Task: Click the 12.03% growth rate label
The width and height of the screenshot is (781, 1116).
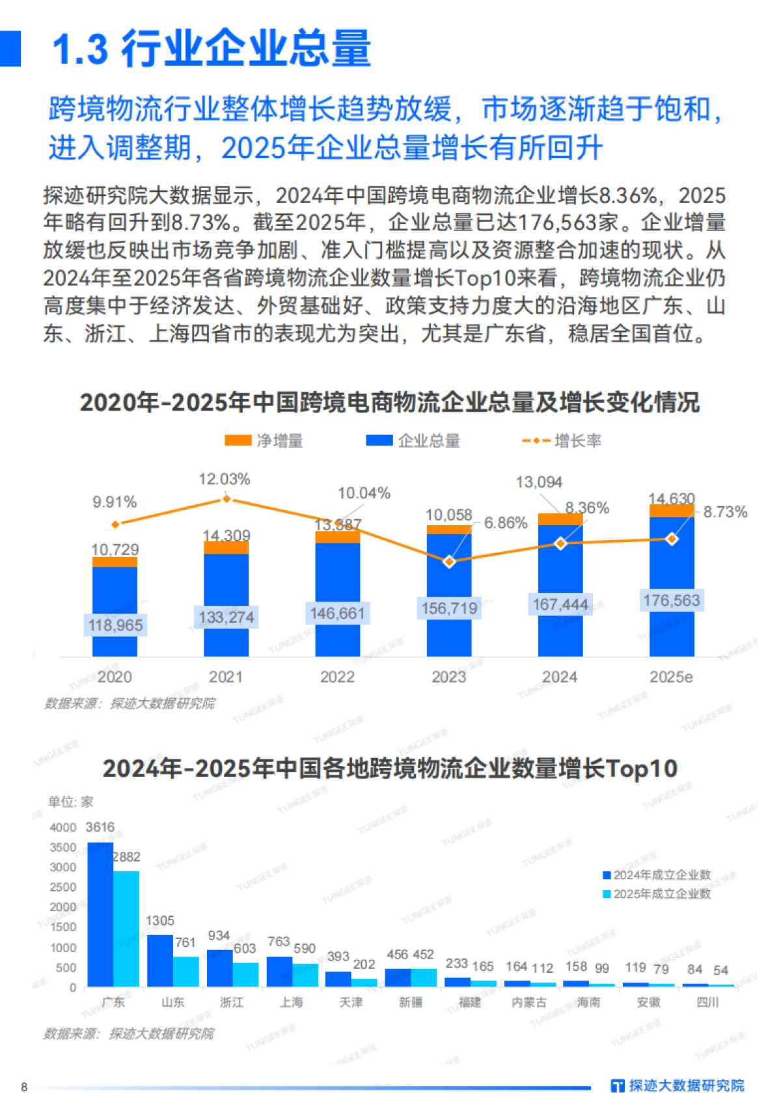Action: tap(224, 480)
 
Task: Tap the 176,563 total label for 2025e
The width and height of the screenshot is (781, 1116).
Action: tap(671, 600)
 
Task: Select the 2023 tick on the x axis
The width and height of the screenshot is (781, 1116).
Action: tap(448, 677)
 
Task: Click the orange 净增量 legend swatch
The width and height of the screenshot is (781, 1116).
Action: tap(238, 441)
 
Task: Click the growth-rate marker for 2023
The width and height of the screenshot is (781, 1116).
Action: tap(448, 562)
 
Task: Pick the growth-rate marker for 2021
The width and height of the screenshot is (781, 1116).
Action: tap(226, 499)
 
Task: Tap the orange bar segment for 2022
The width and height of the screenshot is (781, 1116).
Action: tap(337, 537)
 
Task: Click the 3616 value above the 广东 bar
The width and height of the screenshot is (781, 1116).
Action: tap(100, 827)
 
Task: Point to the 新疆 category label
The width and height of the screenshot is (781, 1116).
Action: tap(411, 1002)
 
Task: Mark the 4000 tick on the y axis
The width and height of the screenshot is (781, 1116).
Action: tap(63, 827)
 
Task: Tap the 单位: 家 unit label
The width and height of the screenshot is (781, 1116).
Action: tap(70, 802)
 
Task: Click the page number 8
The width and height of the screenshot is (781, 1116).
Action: tap(24, 1087)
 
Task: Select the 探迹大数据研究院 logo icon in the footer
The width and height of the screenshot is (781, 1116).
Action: tap(617, 1085)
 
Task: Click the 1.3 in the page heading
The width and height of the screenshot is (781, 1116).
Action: tap(80, 49)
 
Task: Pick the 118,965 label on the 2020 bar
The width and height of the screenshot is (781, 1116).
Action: tap(115, 625)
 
